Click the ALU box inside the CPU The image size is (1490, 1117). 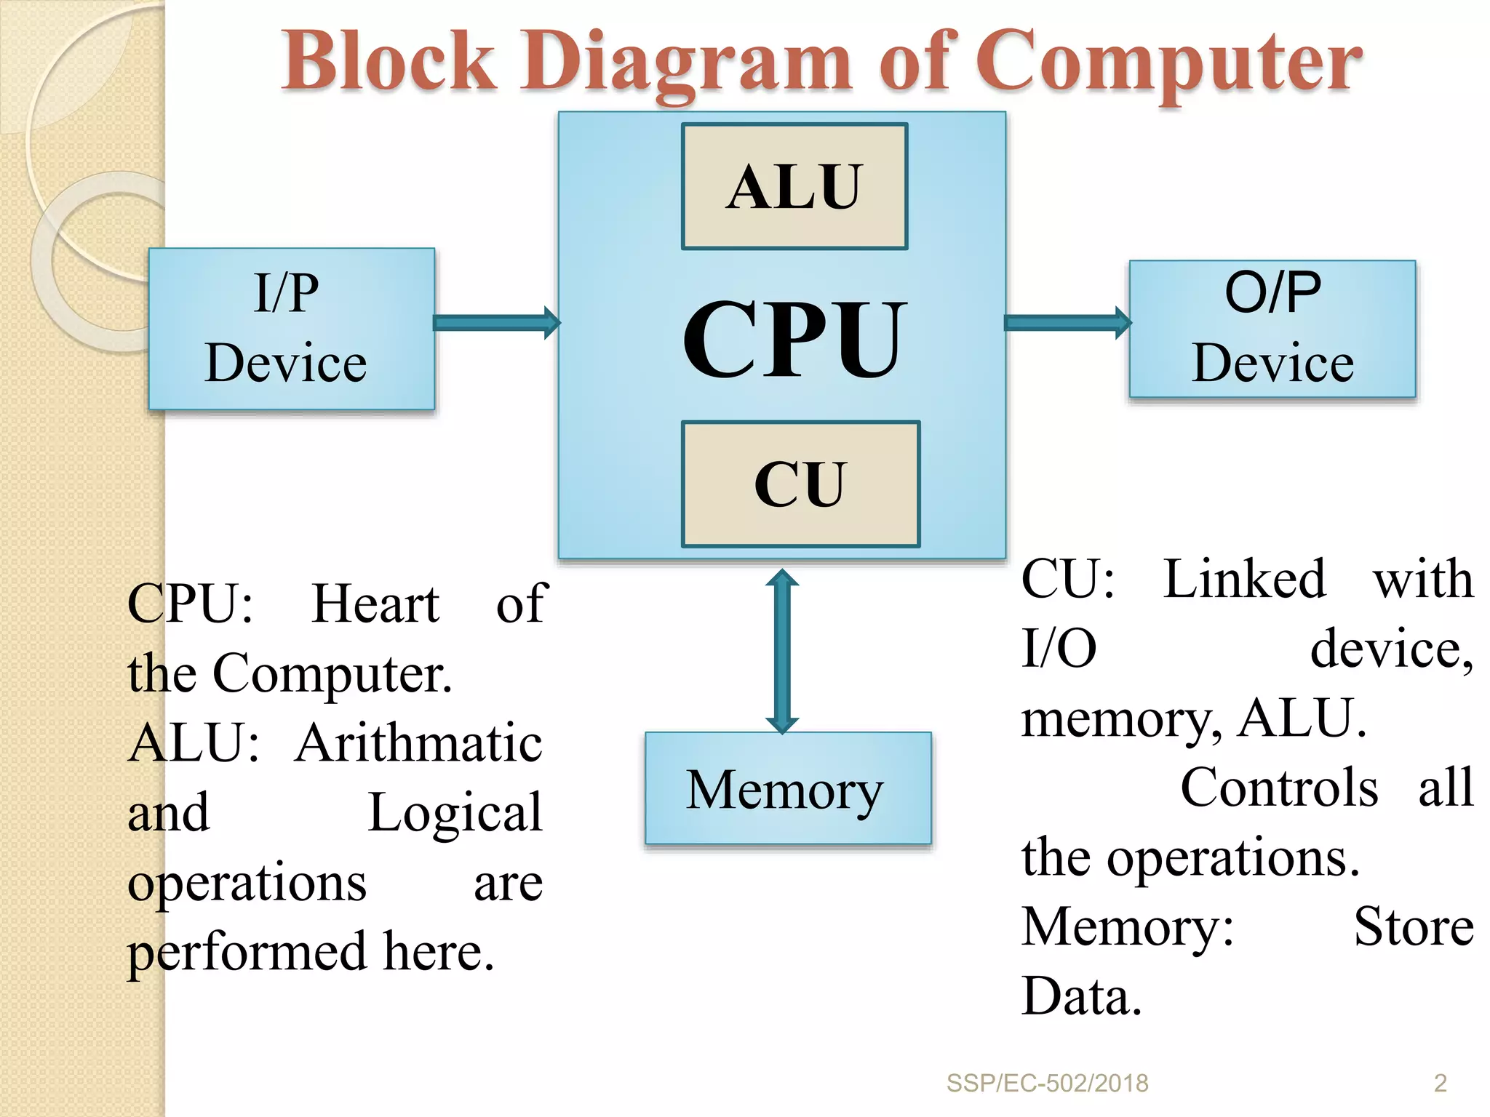coord(794,186)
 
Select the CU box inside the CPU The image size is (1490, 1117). coord(800,484)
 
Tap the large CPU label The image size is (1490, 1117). coord(794,340)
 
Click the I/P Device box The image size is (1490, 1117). coord(291,329)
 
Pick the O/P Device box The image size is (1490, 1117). coord(1272,329)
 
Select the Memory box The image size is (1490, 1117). coord(787,788)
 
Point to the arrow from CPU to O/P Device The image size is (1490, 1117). coord(1067,322)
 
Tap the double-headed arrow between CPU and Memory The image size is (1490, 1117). coord(782,652)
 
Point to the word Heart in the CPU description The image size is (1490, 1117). coord(375,604)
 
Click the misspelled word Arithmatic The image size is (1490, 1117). coord(418,743)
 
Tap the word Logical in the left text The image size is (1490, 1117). coord(455,812)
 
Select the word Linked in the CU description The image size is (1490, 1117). coord(1244,580)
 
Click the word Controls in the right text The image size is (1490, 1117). coord(1278,788)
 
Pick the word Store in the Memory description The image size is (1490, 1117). coord(1413,927)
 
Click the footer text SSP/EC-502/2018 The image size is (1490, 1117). coord(1047,1083)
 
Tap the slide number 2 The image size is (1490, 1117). coord(1440,1083)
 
